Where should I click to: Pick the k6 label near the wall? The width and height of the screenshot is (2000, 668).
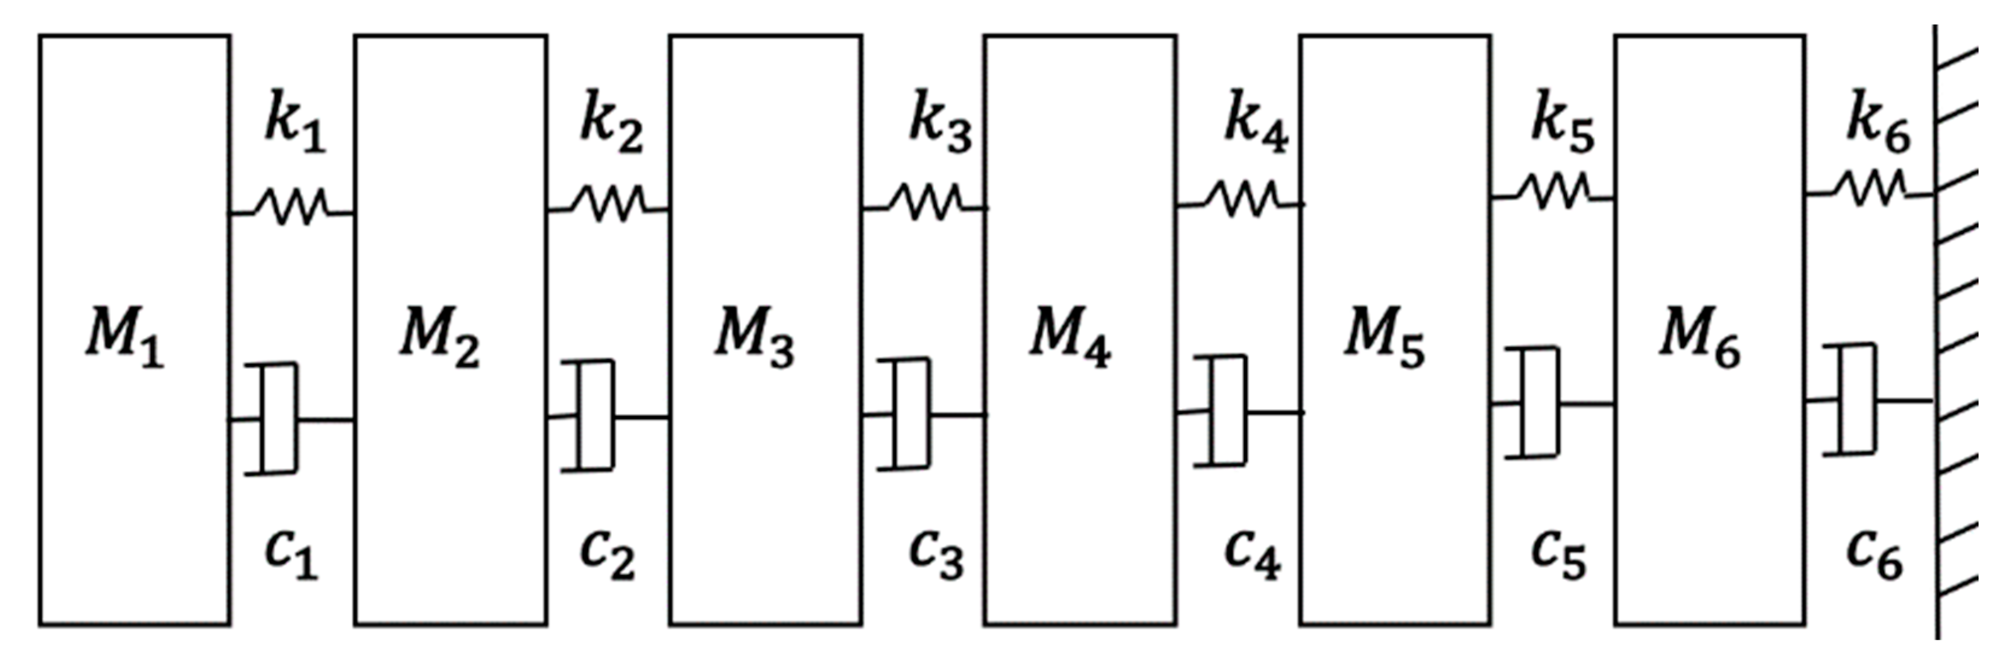tap(1878, 127)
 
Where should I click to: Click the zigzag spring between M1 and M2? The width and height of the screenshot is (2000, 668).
tap(292, 208)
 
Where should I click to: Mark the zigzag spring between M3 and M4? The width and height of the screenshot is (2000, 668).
tap(924, 203)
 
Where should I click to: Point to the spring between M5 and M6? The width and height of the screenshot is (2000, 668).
tap(1553, 192)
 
